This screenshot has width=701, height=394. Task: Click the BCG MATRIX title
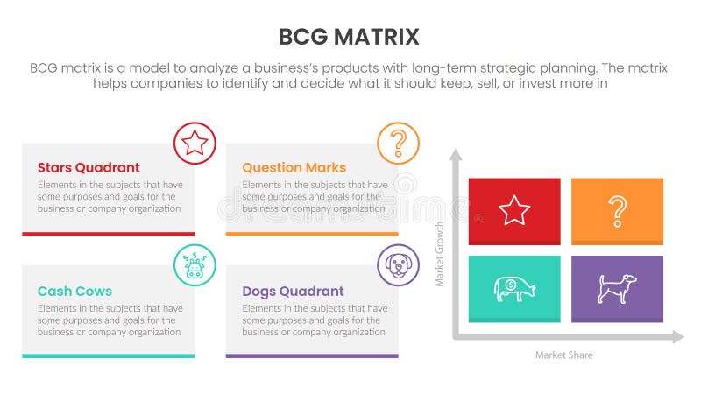pyautogui.click(x=349, y=37)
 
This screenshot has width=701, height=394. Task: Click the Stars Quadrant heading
pyautogui.click(x=89, y=167)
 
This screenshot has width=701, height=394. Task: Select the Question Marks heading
pyautogui.click(x=294, y=167)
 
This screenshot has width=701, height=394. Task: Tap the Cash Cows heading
pyautogui.click(x=74, y=291)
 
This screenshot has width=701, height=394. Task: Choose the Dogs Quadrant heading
pyautogui.click(x=293, y=291)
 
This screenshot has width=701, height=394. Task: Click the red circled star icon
pyautogui.click(x=195, y=143)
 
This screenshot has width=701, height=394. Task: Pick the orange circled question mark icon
pyautogui.click(x=399, y=143)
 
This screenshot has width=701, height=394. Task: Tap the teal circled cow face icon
pyautogui.click(x=195, y=265)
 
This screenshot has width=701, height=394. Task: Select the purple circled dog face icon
pyautogui.click(x=399, y=265)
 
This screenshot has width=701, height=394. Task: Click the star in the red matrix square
pyautogui.click(x=514, y=210)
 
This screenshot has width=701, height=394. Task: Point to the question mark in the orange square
pyautogui.click(x=618, y=210)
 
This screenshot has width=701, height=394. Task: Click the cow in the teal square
pyautogui.click(x=514, y=288)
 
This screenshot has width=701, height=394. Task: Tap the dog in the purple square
pyautogui.click(x=617, y=288)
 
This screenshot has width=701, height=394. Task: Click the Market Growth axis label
pyautogui.click(x=441, y=254)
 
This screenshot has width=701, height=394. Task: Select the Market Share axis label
pyautogui.click(x=563, y=355)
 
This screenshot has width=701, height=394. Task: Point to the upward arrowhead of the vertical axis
pyautogui.click(x=456, y=155)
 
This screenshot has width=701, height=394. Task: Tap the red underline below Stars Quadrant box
pyautogui.click(x=109, y=234)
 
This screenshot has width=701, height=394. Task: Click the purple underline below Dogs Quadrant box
pyautogui.click(x=312, y=355)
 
